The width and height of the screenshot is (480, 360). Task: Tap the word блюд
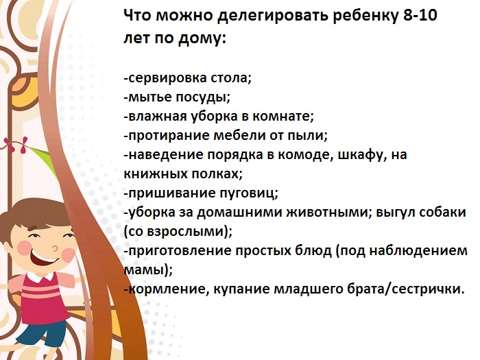[x=301, y=250]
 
